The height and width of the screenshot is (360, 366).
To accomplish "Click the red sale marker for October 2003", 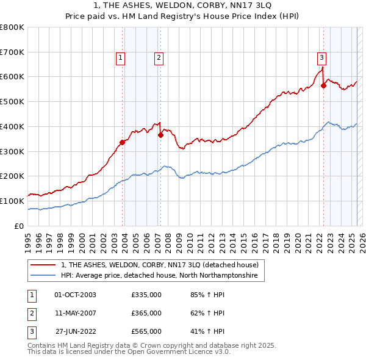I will click(122, 142).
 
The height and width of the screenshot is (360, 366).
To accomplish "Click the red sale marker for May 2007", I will click(160, 135).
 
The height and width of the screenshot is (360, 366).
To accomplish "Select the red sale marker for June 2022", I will click(324, 85).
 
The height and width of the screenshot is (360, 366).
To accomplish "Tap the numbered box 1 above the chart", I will click(120, 58).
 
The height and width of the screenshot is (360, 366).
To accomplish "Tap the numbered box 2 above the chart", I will click(159, 58).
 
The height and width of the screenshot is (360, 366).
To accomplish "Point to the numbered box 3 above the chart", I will click(321, 58).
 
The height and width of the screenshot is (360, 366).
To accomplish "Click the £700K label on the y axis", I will click(12, 52).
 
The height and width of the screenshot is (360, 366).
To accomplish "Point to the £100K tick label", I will click(12, 201).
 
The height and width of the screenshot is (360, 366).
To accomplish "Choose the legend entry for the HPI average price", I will click(159, 276).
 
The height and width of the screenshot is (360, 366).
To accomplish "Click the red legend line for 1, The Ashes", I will click(43, 265).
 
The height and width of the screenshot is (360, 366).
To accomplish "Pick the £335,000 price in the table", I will click(146, 295).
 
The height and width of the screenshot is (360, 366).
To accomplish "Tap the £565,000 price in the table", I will click(146, 332).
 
